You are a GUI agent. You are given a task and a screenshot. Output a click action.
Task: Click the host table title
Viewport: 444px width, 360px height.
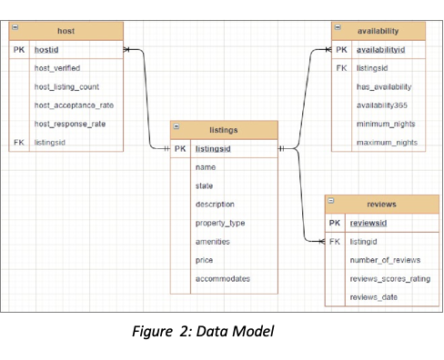tap(66, 31)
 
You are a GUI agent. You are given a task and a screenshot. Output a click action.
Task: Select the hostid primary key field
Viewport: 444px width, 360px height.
tap(46, 50)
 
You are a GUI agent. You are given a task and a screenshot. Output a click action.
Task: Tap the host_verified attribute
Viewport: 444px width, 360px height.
tap(57, 68)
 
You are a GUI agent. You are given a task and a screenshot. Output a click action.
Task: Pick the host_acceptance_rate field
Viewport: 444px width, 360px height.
tap(74, 105)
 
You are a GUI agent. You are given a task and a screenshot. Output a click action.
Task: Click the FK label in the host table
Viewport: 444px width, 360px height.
tap(19, 143)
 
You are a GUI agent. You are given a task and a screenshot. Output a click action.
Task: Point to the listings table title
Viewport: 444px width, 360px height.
tap(223, 130)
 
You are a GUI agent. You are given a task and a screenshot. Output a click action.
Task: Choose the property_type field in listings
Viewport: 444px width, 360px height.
tap(220, 223)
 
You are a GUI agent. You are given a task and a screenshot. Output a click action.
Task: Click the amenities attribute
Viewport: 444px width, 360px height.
tap(212, 242)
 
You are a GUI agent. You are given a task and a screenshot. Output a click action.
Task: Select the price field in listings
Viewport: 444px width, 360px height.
tap(204, 260)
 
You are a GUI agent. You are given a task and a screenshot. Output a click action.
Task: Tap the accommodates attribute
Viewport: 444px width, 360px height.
tap(222, 279)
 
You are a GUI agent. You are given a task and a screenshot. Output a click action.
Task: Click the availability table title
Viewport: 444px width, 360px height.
tap(379, 31)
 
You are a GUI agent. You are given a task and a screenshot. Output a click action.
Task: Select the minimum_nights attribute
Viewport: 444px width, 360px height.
tap(386, 125)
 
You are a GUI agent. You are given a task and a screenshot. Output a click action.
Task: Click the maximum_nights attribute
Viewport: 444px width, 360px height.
tap(387, 143)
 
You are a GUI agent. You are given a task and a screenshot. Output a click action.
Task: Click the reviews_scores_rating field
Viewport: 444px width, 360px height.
tap(390, 279)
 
